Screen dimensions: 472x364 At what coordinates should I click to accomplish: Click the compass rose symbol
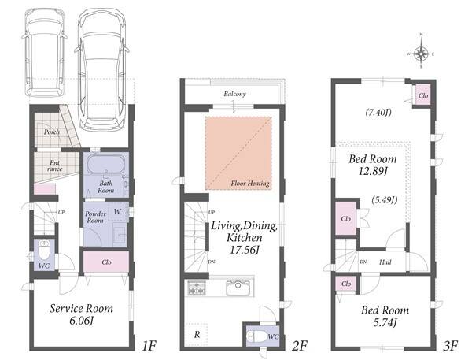421,54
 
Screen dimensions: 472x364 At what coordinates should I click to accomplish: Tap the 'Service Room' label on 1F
81,309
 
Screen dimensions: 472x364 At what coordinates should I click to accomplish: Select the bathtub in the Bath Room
105,165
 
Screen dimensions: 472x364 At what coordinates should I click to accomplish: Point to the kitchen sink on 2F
238,288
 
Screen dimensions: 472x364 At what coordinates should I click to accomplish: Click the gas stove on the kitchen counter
197,288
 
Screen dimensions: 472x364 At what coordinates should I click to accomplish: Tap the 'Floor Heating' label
250,183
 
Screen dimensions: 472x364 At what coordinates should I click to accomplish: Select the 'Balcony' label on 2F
234,94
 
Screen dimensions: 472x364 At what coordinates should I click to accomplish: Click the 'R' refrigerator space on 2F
197,334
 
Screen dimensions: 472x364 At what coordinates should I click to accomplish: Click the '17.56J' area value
244,250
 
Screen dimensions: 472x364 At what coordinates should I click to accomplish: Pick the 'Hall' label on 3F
385,262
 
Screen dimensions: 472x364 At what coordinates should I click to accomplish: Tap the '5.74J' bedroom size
385,323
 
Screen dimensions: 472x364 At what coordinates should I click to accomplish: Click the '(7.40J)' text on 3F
378,113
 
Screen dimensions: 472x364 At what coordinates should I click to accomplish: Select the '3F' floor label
450,346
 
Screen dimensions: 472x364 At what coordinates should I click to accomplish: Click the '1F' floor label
149,346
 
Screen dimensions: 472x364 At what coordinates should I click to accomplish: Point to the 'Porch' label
51,132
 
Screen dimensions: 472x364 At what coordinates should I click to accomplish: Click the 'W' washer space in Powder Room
117,212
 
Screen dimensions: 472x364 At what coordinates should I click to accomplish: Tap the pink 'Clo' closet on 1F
106,262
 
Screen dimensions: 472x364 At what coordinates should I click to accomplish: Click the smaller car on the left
45,52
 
